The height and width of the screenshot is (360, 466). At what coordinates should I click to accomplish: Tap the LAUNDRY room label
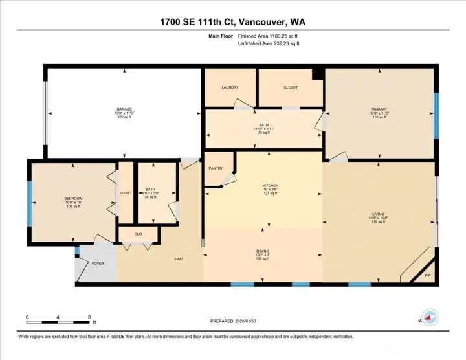pyautogui.click(x=230, y=87)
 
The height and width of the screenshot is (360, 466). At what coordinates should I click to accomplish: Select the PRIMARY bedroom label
pyautogui.click(x=379, y=109)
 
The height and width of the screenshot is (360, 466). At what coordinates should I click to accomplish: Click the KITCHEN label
pyautogui.click(x=270, y=185)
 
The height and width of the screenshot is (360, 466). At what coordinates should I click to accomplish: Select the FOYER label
pyautogui.click(x=97, y=263)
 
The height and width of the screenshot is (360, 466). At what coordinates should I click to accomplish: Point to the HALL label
pyautogui.click(x=179, y=259)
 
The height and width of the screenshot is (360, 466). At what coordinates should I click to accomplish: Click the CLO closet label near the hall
pyautogui.click(x=138, y=234)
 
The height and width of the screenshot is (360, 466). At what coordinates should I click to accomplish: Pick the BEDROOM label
pyautogui.click(x=73, y=198)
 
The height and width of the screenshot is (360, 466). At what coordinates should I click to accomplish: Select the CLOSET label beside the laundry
pyautogui.click(x=291, y=87)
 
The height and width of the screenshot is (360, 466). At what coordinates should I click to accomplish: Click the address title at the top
pyautogui.click(x=232, y=22)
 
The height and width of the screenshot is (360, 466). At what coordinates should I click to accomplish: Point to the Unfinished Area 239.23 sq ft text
pyautogui.click(x=269, y=44)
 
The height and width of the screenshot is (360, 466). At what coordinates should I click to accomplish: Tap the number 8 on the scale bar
pyautogui.click(x=89, y=317)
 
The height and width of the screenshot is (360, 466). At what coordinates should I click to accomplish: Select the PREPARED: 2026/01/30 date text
pyautogui.click(x=233, y=321)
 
